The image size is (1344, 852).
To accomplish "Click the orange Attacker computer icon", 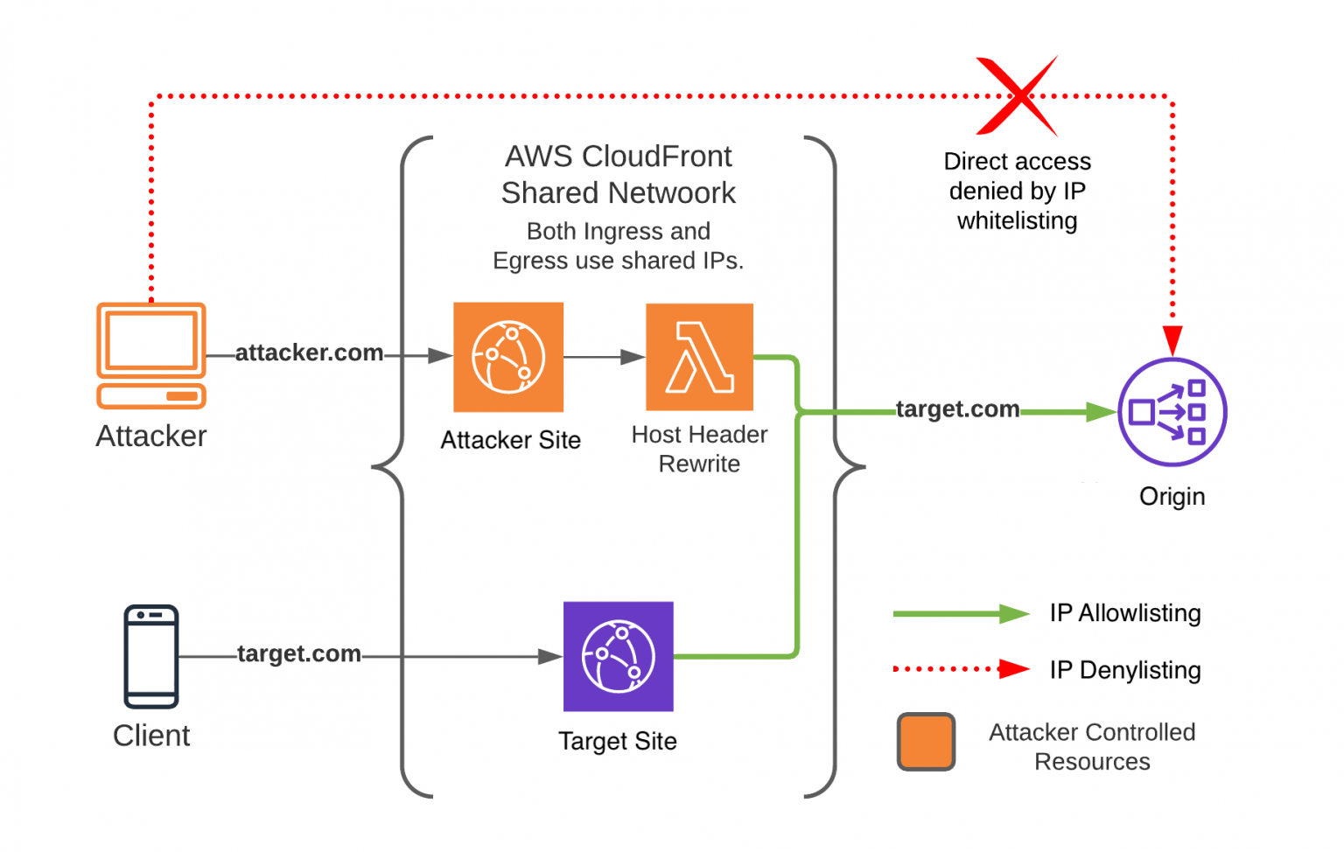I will [151, 355].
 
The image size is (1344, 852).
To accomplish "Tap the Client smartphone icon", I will [151, 656].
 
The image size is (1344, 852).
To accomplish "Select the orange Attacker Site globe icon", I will [508, 357].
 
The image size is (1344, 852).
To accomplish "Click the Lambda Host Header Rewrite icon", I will [699, 357].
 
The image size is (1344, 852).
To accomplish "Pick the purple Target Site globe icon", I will [618, 656].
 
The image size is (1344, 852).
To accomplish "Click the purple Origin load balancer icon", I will [1172, 412].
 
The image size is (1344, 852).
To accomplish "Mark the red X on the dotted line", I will [1017, 96].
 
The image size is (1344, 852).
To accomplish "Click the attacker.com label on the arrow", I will [309, 353].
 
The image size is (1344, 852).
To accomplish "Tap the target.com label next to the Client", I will [298, 653].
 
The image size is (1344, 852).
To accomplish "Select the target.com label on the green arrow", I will [957, 409].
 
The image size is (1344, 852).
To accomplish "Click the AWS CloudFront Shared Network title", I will [618, 174].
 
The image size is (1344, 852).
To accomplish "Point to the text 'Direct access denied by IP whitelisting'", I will [1017, 191].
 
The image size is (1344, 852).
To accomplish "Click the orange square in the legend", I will [926, 742].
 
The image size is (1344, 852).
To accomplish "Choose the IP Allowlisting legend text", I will [1125, 613].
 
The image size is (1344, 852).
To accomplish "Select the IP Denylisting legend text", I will [1125, 670].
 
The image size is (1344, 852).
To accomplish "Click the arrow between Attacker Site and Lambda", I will [604, 357].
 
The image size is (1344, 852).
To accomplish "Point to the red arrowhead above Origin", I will [1172, 339].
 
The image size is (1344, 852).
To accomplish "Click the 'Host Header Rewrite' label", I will [699, 449].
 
